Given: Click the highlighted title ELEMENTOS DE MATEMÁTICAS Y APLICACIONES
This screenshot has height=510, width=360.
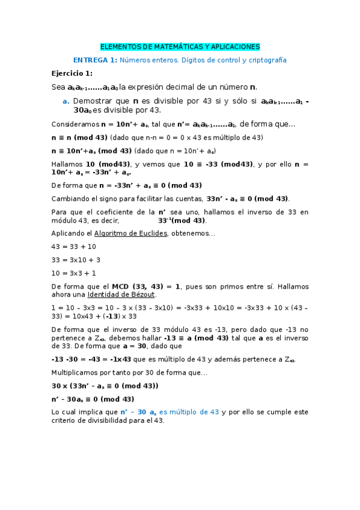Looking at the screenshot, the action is coord(180,46).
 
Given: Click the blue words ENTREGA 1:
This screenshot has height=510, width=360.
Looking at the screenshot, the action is coord(95,60).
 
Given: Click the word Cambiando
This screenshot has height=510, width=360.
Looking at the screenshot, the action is coord(72,198).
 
